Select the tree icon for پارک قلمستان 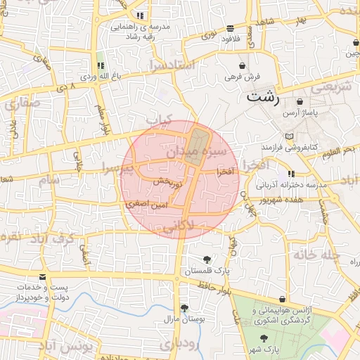(206, 259)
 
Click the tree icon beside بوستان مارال (184, 308)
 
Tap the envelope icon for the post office (44, 277)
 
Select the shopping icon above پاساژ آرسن (300, 101)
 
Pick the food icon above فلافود (231, 28)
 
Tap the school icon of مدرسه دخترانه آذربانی (291, 174)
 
